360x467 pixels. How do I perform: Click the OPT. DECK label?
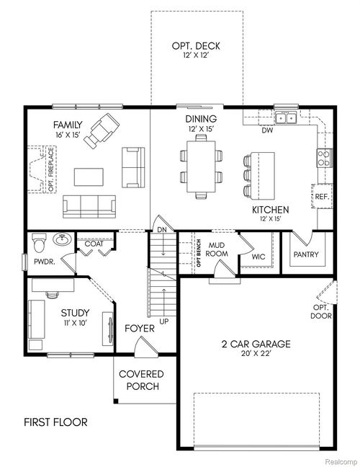point(196,46)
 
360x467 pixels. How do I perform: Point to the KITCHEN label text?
point(271,210)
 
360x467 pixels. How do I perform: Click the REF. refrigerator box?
point(322,196)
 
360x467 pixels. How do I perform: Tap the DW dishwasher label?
point(266,130)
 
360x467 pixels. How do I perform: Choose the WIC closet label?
point(258,257)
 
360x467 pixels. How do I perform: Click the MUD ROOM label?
point(218,249)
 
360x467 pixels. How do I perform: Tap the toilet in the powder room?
point(42,240)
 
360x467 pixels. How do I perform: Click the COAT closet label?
point(94,244)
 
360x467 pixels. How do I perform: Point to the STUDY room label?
point(74,313)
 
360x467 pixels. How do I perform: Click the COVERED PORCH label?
point(141,380)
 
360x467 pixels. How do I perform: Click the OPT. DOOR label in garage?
point(320,312)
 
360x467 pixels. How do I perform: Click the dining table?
point(201,166)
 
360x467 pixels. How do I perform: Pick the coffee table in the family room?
point(90,175)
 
